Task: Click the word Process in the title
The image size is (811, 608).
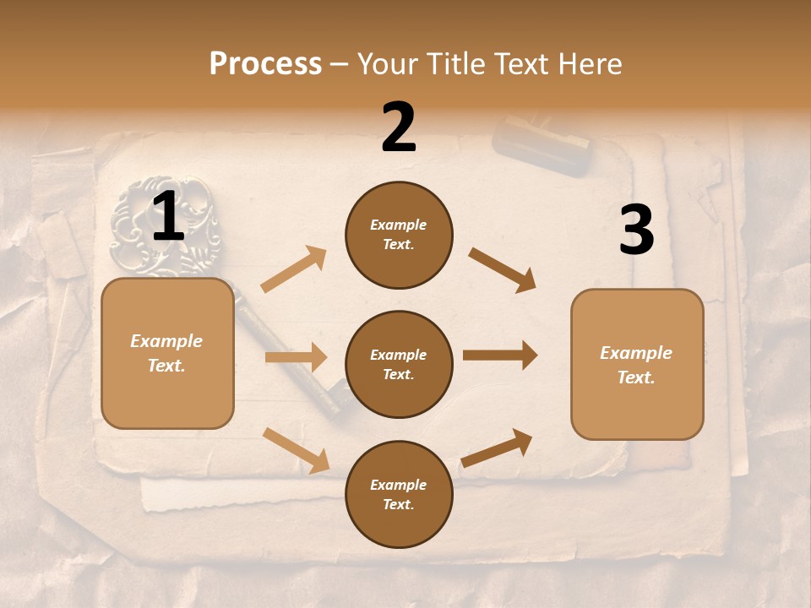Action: (x=265, y=63)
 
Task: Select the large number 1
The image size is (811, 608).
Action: (x=168, y=217)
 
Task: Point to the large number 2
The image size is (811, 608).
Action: (x=399, y=128)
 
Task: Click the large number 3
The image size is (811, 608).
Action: (x=636, y=231)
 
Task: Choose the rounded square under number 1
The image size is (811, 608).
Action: (x=167, y=353)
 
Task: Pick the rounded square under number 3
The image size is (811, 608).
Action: (x=637, y=364)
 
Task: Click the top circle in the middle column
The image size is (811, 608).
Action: (x=399, y=235)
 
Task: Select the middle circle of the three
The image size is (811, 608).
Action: (x=399, y=364)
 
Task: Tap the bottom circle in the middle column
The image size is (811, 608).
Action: (x=399, y=494)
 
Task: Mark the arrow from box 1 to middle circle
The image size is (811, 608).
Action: (x=296, y=357)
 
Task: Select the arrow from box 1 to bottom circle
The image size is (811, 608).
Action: (x=297, y=450)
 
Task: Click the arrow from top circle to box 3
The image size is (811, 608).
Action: (x=503, y=270)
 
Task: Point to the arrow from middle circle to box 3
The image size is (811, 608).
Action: (x=500, y=356)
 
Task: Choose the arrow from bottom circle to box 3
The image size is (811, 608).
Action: (x=497, y=448)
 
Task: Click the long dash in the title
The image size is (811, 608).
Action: (x=340, y=64)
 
